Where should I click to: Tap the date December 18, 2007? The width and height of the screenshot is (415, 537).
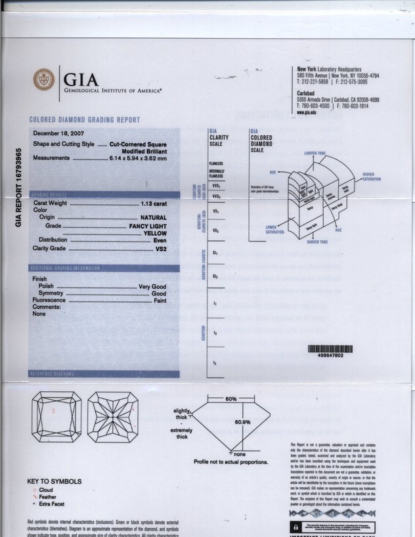point(60,134)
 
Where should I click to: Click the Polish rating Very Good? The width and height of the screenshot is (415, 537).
point(151,287)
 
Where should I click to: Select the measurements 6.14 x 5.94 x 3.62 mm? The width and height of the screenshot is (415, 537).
point(138,158)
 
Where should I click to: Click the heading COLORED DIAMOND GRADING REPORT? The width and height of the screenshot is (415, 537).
point(85,120)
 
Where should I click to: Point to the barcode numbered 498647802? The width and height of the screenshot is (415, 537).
point(330,351)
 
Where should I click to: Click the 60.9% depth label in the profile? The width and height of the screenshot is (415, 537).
point(242,422)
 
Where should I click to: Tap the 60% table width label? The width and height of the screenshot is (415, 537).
point(230,399)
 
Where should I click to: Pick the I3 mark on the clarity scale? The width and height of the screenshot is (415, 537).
point(215,363)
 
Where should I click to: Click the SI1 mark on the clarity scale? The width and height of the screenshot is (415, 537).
point(215,252)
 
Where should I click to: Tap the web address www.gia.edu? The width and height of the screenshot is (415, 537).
point(307,112)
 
